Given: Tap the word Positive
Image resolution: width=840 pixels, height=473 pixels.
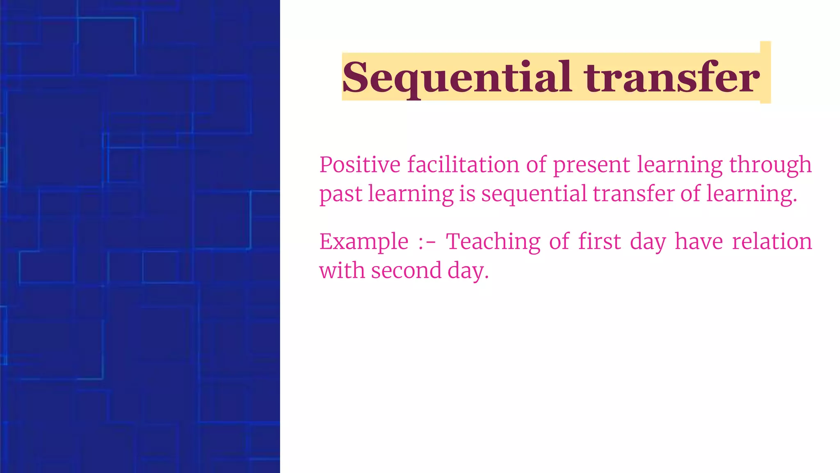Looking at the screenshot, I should coord(360,165).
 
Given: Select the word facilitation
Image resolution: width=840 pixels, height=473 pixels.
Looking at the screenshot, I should coord(463,165).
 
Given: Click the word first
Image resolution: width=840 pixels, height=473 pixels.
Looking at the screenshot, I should coord(599,241).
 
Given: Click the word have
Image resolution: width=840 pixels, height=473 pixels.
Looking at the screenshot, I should coord(698,241).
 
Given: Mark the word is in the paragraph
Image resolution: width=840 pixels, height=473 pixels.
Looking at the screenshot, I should coord(467,194).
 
